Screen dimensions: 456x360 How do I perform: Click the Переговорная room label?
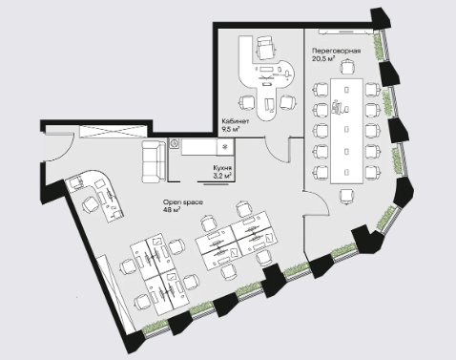[x=336, y=51]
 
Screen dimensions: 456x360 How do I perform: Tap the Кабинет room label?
[x=236, y=121]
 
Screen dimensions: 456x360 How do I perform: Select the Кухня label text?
[x=222, y=168]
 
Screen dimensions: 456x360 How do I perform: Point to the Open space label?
[x=183, y=202]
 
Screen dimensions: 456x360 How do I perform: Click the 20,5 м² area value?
[x=323, y=58]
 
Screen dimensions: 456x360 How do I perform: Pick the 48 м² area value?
[x=172, y=210]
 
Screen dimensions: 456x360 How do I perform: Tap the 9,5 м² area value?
[x=231, y=129]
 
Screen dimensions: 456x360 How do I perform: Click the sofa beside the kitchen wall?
[x=154, y=161]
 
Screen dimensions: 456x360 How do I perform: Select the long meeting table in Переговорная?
[x=346, y=131]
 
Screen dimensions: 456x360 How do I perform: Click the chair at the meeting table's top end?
[x=346, y=68]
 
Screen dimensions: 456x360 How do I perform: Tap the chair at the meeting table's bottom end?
[x=346, y=196]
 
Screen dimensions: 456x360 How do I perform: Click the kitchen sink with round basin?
[x=175, y=143]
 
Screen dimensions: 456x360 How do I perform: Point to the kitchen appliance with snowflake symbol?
[x=225, y=147]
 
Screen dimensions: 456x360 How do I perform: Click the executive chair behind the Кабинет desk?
[x=265, y=47]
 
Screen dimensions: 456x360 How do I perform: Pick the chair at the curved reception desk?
[x=91, y=205]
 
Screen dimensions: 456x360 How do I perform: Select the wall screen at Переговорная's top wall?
[x=345, y=32]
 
